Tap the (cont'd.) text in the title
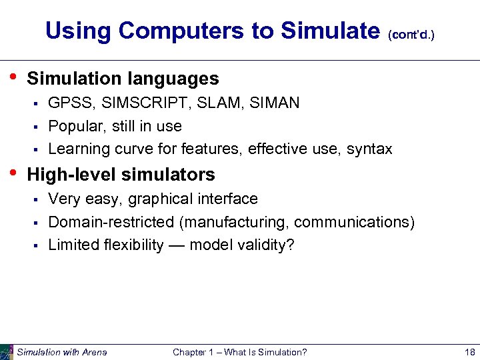pos(411,34)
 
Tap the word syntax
pos(370,149)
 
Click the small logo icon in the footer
pos(7,352)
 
